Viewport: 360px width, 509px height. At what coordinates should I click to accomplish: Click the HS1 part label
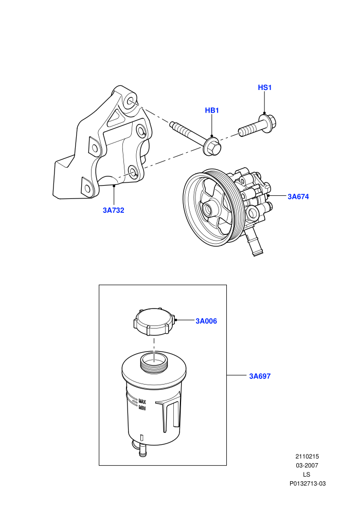click(x=264, y=87)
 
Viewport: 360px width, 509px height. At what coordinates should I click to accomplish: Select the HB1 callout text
click(x=212, y=111)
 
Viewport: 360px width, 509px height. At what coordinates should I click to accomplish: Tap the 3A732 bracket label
click(x=114, y=210)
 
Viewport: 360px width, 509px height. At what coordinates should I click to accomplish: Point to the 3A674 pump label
click(x=298, y=196)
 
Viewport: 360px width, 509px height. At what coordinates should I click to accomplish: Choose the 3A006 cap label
click(x=206, y=321)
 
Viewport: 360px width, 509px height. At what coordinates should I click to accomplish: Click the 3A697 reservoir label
click(x=260, y=376)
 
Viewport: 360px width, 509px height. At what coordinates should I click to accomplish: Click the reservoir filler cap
click(x=154, y=322)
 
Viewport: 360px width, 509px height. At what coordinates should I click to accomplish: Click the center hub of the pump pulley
click(x=208, y=209)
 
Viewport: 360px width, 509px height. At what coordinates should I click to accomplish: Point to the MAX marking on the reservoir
click(x=142, y=401)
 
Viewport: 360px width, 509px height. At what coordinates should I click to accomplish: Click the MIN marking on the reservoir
click(x=142, y=407)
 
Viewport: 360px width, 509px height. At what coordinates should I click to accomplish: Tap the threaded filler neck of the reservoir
click(x=154, y=361)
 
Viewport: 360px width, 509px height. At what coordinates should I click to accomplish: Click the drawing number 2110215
click(x=307, y=457)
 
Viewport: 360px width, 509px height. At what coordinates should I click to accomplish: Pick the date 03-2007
click(x=307, y=465)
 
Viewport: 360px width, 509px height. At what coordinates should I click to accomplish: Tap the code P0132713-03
click(x=308, y=484)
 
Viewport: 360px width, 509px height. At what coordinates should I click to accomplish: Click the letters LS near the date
click(x=307, y=475)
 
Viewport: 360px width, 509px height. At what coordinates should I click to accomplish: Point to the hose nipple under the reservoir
click(x=142, y=450)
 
